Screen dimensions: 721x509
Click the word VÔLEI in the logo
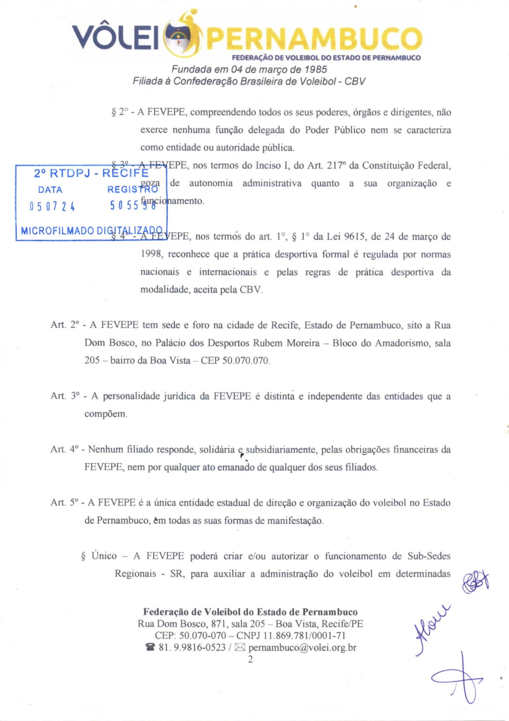(x=116, y=38)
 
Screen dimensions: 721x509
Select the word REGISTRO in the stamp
(x=133, y=190)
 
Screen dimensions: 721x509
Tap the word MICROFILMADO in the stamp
(x=57, y=231)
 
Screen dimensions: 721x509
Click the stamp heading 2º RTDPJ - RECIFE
(x=91, y=173)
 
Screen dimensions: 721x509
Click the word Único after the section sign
(x=104, y=556)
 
